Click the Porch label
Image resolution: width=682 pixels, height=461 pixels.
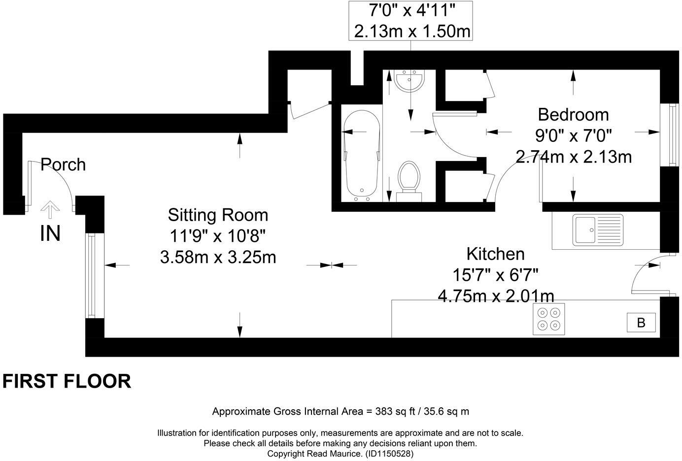[63, 165]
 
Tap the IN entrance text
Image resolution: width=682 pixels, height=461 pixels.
[50, 233]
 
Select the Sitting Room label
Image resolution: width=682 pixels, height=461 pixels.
[218, 215]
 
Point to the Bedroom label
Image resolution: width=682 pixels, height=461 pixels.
[573, 115]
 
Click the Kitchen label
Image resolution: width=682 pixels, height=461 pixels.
[496, 254]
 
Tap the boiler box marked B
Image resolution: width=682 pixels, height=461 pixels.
[641, 323]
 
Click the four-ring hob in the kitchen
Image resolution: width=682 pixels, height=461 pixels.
[548, 319]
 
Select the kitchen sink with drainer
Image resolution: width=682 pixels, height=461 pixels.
[598, 230]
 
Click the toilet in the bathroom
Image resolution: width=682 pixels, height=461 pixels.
[409, 182]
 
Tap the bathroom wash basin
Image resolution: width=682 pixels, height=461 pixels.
[409, 81]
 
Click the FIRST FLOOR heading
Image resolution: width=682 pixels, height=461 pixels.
[67, 381]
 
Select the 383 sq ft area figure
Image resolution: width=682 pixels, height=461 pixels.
[395, 411]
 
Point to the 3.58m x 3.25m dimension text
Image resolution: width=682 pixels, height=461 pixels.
[218, 257]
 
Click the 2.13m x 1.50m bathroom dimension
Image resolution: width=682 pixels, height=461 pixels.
[412, 32]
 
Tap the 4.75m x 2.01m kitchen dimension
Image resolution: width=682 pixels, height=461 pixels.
[496, 296]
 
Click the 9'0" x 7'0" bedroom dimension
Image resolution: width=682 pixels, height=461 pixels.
[573, 136]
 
